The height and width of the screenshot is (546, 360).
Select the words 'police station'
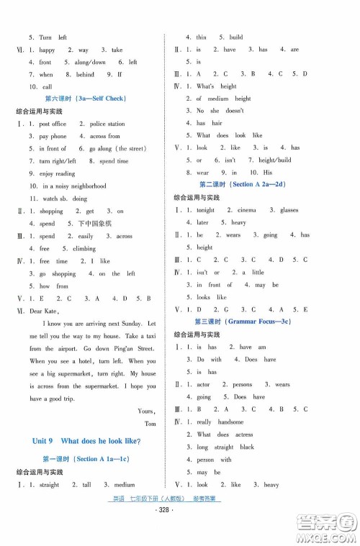coord(107,124)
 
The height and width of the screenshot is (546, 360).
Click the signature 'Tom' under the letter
coord(150,424)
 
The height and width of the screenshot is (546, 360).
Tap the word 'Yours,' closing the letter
coord(146,411)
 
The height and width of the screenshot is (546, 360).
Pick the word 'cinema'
coord(246,210)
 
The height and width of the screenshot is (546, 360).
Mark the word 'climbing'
coord(84,249)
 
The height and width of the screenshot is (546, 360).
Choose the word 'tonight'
coord(205,210)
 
